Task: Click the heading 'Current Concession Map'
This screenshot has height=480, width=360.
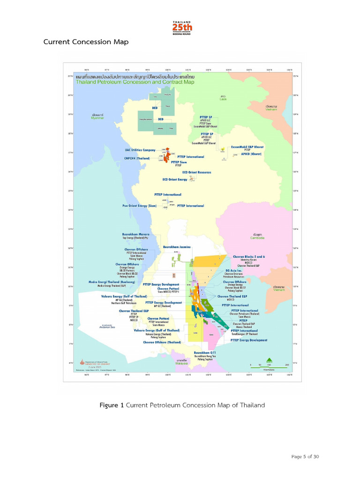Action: point(86,42)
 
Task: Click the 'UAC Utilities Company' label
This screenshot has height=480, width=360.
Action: point(140,150)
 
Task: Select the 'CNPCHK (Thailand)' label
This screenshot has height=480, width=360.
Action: point(137,158)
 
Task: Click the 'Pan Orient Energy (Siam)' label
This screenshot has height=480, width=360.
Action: point(139,206)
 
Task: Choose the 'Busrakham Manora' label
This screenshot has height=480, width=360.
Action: point(136,234)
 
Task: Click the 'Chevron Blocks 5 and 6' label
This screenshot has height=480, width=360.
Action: point(248,257)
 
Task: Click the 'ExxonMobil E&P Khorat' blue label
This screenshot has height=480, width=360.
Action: point(247,147)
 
